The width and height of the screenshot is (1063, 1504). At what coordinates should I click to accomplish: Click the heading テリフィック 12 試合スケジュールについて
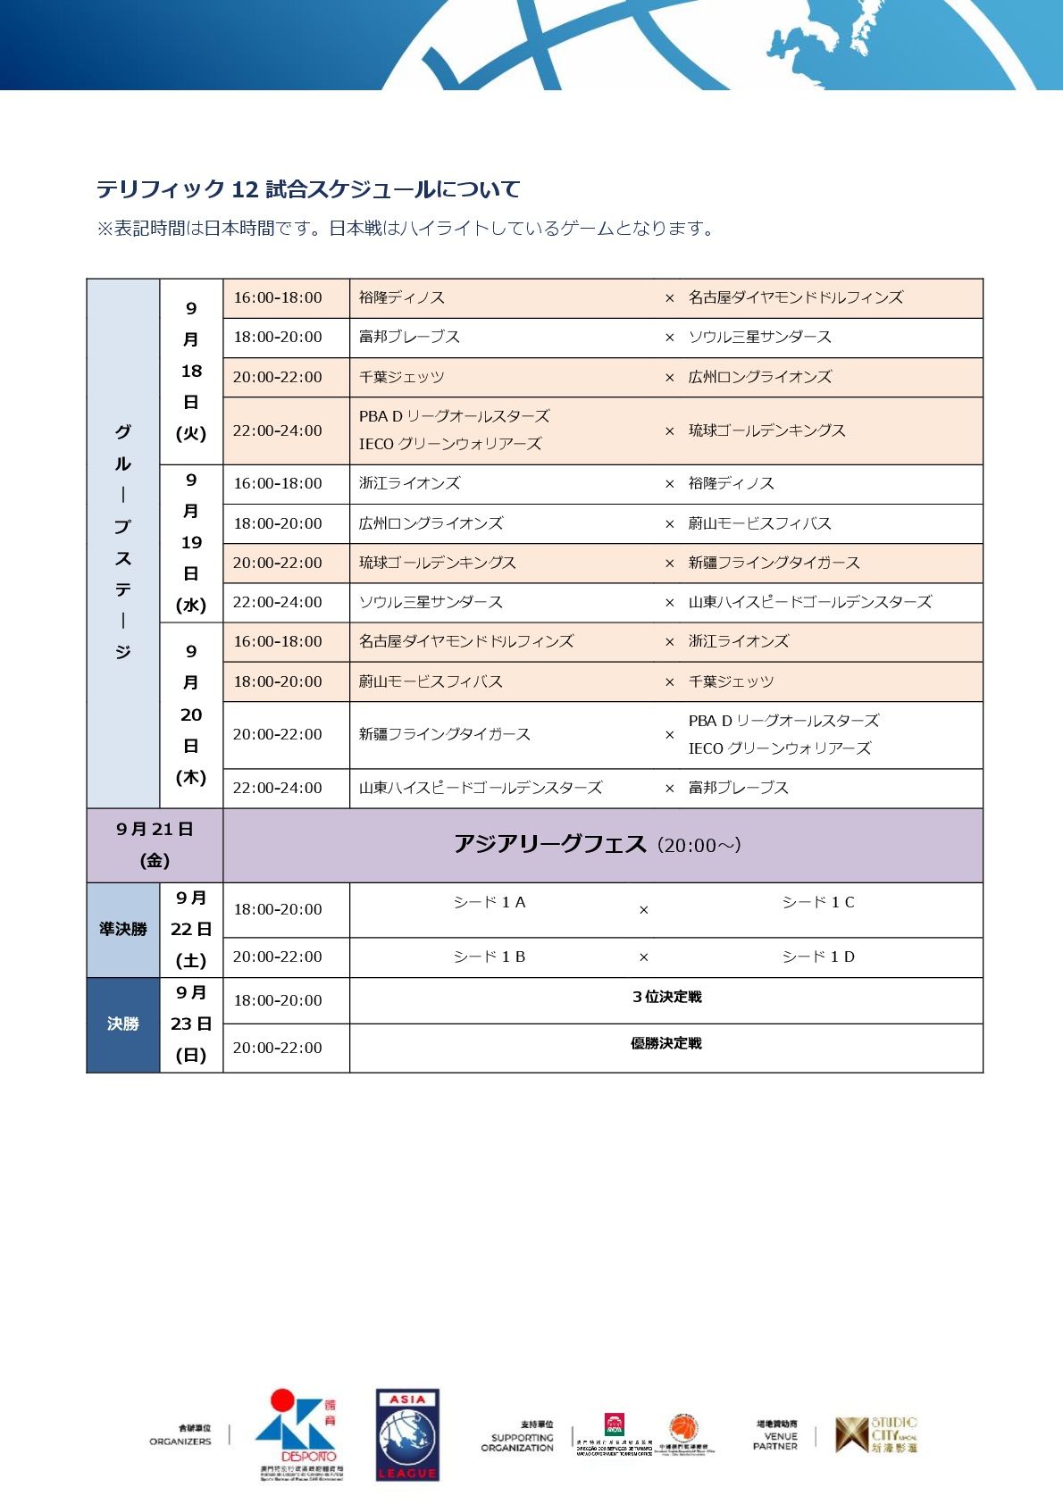pos(308,189)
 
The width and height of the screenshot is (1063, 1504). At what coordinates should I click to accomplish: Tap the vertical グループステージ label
pos(123,542)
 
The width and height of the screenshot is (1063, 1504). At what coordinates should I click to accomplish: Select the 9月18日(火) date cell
pos(191,371)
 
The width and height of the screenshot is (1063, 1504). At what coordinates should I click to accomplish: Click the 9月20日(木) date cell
pos(191,714)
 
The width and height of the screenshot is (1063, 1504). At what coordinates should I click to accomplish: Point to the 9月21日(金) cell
pos(155,845)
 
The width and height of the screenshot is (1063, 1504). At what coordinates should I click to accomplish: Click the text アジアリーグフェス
pos(549,844)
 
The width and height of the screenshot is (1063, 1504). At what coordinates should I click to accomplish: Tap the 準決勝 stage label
pos(123,929)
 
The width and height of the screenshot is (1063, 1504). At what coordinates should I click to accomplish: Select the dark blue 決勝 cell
pos(123,1024)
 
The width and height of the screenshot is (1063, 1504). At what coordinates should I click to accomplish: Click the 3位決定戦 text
pos(666,997)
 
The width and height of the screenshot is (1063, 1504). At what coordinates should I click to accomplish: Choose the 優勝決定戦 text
pos(666,1043)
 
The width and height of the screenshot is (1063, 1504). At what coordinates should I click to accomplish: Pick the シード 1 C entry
pos(818,902)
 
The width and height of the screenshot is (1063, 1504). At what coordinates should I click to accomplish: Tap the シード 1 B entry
pos(490,957)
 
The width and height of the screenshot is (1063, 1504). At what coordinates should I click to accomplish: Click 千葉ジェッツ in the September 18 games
pos(402,377)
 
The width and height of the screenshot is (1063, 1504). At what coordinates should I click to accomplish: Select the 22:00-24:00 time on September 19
pos(278,602)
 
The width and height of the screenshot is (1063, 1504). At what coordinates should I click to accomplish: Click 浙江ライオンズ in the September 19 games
pos(409,483)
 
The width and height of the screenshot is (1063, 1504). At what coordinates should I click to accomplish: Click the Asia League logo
pos(407,1434)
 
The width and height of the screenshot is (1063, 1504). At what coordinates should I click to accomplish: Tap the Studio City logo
pos(876,1434)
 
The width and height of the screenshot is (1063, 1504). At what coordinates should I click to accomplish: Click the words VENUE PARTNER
pos(776,1440)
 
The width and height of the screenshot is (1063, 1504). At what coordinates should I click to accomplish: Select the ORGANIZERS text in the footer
pos(181,1441)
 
